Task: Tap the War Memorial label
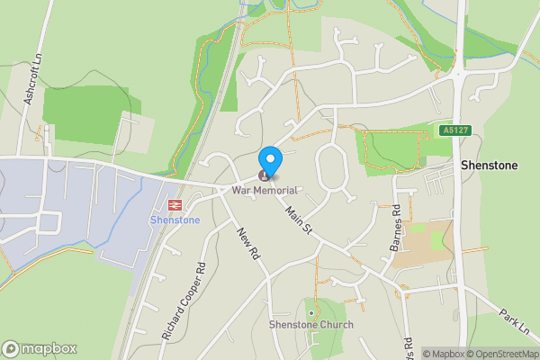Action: (x=264, y=190)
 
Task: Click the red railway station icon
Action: (x=175, y=205)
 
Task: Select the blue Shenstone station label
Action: (x=175, y=220)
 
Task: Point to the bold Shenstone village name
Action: (x=487, y=166)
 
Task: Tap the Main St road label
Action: (x=298, y=221)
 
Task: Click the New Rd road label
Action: (x=248, y=243)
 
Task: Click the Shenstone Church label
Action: (x=311, y=324)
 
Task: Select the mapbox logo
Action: (x=40, y=348)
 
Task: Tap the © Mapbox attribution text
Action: (x=444, y=354)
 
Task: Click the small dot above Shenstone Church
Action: (x=311, y=312)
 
